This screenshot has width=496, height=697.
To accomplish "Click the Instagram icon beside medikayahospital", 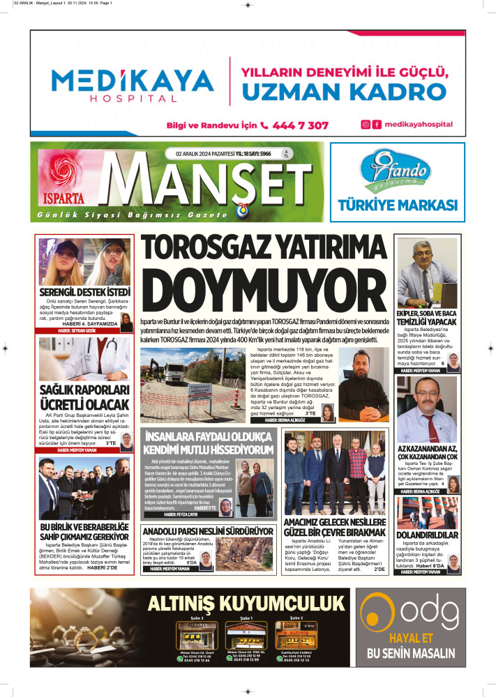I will (365, 125).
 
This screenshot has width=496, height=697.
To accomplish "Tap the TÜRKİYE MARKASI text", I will (397, 205).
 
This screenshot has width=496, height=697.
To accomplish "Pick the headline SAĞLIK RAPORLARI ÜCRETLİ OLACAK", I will (85, 397).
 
